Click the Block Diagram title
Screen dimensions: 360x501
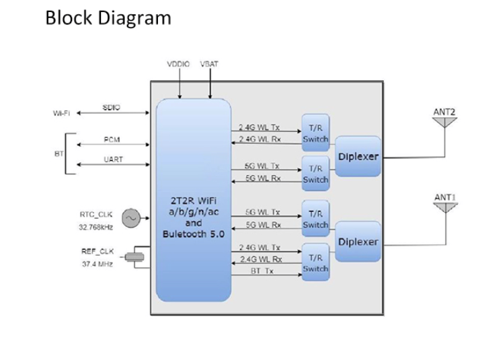[x=108, y=17]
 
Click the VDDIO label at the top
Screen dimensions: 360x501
[x=178, y=65]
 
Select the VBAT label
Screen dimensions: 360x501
[x=209, y=65]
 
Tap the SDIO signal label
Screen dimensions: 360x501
[x=112, y=107]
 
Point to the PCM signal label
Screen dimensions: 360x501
[x=112, y=139]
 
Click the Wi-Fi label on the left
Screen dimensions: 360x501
[x=62, y=113]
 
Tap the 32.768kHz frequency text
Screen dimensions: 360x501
[x=95, y=227]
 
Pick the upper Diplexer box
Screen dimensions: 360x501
[x=357, y=157]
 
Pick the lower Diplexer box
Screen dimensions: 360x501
[x=357, y=241]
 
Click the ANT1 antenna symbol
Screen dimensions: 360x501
[x=445, y=205]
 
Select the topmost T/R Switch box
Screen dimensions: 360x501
[x=315, y=132]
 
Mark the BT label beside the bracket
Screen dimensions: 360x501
[x=58, y=153]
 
